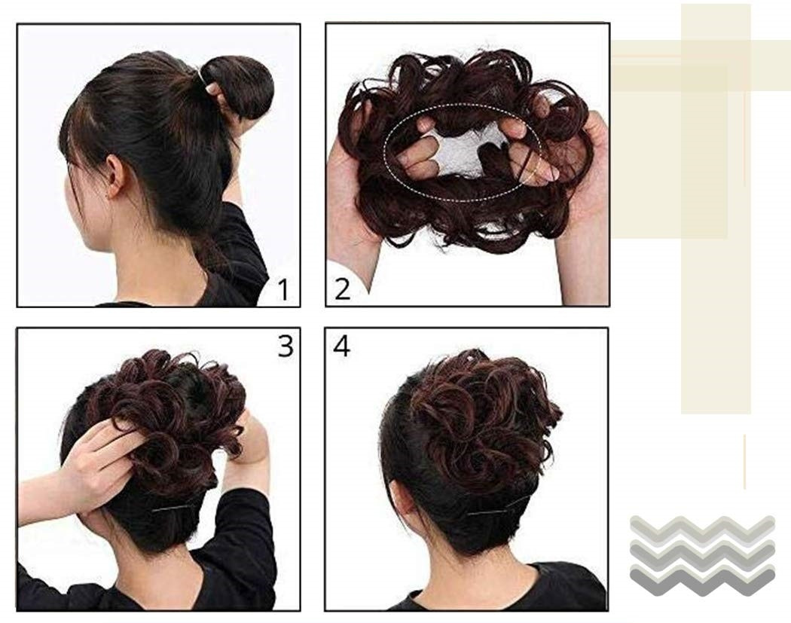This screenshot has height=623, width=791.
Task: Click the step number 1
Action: click(283, 290)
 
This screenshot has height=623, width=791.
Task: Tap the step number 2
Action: click(342, 290)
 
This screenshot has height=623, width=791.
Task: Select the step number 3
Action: click(286, 346)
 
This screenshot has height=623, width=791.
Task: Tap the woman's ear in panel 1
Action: click(114, 176)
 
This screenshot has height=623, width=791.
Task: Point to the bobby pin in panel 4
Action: click(497, 508)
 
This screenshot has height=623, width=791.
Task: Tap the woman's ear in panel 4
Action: click(400, 505)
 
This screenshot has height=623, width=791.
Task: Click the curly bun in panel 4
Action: click(482, 419)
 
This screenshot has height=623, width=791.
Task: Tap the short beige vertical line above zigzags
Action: click(744, 462)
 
